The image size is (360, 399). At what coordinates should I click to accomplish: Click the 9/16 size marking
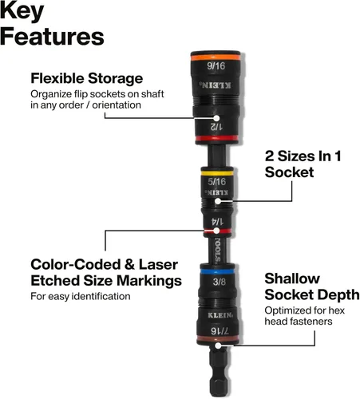(x=216, y=65)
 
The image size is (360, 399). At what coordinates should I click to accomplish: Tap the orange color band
(x=216, y=57)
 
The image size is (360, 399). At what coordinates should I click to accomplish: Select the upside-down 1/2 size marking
(x=216, y=127)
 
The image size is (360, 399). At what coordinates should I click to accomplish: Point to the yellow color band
(x=217, y=173)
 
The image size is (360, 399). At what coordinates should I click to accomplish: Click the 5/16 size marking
(x=217, y=182)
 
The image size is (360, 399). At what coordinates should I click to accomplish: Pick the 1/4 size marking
(x=217, y=222)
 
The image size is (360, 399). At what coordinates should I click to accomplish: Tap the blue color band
(x=217, y=272)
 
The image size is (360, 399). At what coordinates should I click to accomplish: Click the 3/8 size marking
(x=220, y=282)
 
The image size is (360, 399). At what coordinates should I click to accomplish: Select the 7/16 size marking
(x=220, y=331)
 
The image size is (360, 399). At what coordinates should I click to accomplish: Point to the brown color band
(x=218, y=338)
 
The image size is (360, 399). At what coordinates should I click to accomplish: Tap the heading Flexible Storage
(x=87, y=79)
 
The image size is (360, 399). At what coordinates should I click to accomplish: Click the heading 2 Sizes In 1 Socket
(x=303, y=164)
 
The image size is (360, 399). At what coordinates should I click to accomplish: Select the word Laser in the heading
(x=158, y=265)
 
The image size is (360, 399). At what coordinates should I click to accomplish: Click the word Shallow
(x=292, y=279)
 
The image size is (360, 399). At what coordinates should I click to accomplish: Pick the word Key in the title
(x=22, y=10)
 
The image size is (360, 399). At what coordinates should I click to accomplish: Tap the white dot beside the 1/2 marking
(x=217, y=118)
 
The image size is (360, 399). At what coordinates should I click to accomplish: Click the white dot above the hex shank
(x=218, y=346)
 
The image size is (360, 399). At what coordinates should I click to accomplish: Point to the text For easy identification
(x=81, y=296)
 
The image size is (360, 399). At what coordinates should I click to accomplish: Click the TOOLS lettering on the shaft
(x=218, y=251)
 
